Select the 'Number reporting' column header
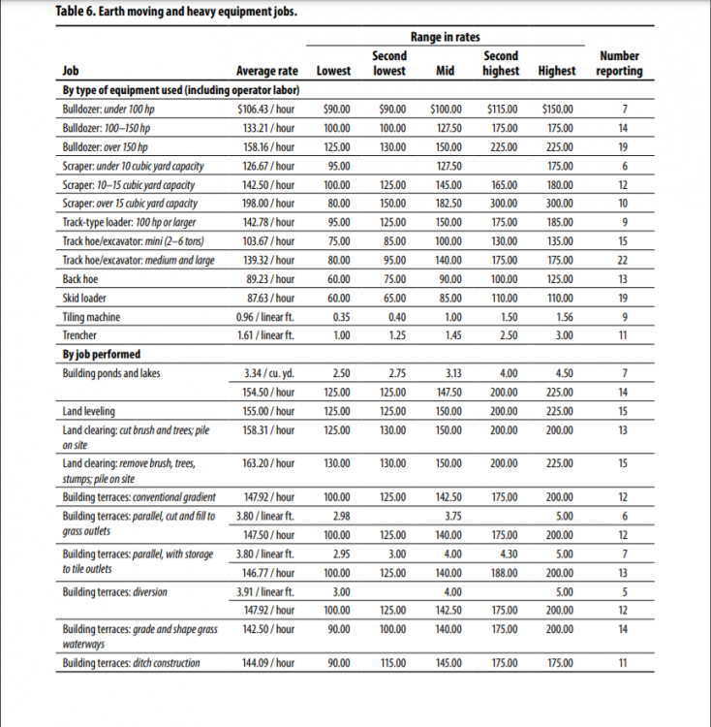point(620,64)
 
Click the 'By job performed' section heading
point(101,354)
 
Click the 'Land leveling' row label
point(88,411)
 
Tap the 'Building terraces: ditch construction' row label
point(131,663)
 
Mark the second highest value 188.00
point(502,574)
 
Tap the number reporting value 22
point(623,261)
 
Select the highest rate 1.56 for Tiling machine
point(559,317)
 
